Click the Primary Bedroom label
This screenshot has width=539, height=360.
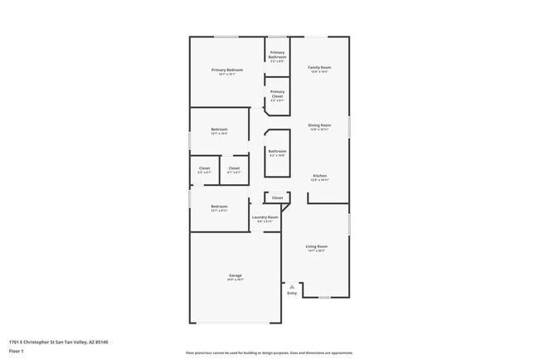tap(226, 70)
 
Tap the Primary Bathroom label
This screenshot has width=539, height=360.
tap(277, 55)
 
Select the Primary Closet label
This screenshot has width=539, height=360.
tap(277, 93)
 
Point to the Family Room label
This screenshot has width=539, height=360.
tap(319, 67)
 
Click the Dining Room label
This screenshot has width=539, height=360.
tap(319, 125)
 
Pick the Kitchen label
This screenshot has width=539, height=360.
tap(319, 176)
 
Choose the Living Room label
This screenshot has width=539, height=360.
tap(317, 246)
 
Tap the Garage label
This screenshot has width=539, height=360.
tap(236, 275)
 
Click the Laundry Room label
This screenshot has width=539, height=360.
tap(266, 217)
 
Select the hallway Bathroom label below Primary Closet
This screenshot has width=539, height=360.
tap(277, 151)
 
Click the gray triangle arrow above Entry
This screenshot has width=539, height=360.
tap(292, 286)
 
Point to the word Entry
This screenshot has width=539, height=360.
tap(292, 293)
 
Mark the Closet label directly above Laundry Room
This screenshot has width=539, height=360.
tap(277, 197)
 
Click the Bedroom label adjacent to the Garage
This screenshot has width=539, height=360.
tap(219, 206)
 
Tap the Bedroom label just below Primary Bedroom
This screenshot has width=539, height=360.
tap(219, 129)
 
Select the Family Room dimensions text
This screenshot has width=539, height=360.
tap(319, 72)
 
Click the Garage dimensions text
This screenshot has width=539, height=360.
tap(236, 280)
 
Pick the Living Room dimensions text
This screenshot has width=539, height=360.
tap(317, 251)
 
